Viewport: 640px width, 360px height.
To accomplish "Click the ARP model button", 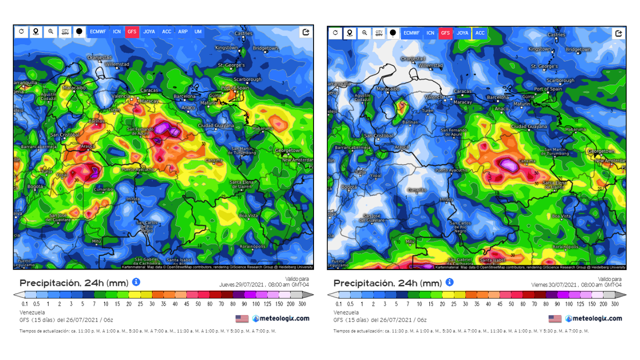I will tap(183, 31).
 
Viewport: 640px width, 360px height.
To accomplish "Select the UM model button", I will tap(198, 31).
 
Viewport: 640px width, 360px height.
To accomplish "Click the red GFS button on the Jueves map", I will tap(132, 31).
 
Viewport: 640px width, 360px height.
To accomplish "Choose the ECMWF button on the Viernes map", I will tap(411, 33).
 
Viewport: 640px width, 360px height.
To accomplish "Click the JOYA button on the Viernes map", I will tap(462, 33).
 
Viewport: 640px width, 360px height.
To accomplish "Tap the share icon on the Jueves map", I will tap(305, 32).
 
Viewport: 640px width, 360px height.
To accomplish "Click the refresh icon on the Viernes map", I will tap(335, 33).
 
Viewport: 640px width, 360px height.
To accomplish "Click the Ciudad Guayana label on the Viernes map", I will tap(529, 126).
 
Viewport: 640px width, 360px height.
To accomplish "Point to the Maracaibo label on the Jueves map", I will tap(74, 87).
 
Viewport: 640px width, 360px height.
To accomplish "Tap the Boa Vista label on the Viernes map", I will tap(561, 216).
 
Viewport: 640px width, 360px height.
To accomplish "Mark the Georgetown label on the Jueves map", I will tap(288, 150).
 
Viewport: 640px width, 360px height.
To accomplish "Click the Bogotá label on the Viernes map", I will tap(349, 187).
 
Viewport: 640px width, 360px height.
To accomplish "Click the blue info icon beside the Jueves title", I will tap(136, 282).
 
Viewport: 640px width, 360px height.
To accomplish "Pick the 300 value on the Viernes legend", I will tap(614, 304).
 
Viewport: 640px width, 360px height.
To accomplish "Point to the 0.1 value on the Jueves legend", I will tap(24, 304).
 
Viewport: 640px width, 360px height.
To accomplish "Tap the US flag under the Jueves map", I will tap(242, 318).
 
